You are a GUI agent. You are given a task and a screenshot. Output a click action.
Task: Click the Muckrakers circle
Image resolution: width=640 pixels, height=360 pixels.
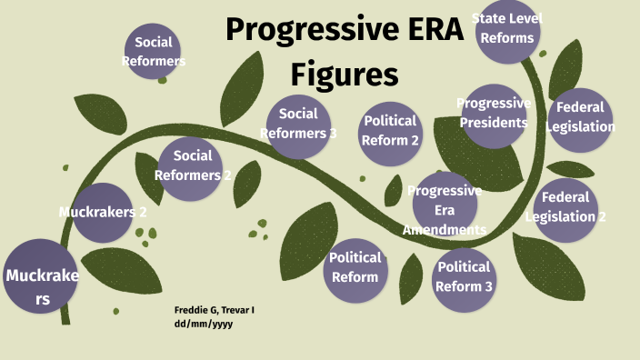click(x=41, y=276)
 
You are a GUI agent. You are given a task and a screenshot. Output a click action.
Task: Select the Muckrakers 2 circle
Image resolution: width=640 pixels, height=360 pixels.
click(x=103, y=213)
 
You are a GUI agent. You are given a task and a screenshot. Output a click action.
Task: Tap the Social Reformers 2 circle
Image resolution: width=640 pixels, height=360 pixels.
click(x=192, y=165)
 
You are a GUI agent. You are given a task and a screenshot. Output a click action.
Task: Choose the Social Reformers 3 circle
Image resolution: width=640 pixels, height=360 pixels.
click(x=298, y=125)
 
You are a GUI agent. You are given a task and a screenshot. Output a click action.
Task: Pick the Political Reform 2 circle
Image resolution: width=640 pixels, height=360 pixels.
click(x=390, y=132)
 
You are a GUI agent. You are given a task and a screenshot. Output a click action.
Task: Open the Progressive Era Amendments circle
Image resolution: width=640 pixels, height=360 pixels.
click(x=445, y=208)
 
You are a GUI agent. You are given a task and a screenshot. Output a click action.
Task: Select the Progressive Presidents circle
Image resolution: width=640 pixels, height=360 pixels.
click(x=494, y=114)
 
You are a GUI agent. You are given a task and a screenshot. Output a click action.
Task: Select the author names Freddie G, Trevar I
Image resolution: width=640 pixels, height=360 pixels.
click(x=215, y=310)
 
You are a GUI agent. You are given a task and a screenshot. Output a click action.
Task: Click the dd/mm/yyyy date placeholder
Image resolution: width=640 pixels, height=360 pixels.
click(x=204, y=324)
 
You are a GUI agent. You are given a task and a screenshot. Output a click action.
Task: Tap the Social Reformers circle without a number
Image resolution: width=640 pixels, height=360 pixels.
click(x=153, y=52)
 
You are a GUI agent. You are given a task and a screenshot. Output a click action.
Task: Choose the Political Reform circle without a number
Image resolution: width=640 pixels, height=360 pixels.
click(x=355, y=267)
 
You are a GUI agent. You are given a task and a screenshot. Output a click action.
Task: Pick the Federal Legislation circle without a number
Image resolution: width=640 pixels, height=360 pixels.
click(x=580, y=118)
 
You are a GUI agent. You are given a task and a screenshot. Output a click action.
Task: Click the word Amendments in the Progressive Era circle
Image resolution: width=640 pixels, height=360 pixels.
click(x=445, y=229)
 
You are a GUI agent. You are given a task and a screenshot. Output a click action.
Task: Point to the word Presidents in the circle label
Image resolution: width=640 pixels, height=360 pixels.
click(x=494, y=123)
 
